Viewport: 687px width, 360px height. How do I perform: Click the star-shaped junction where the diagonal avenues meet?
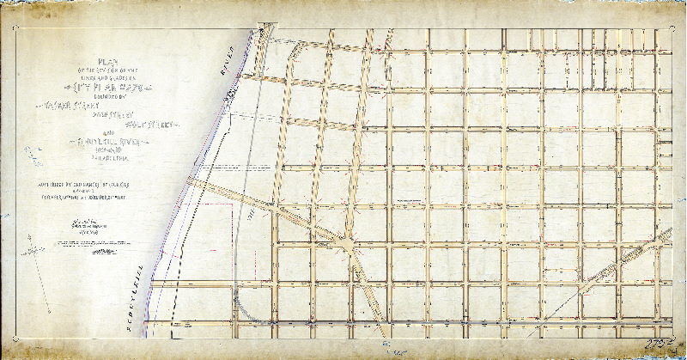point(347,245)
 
